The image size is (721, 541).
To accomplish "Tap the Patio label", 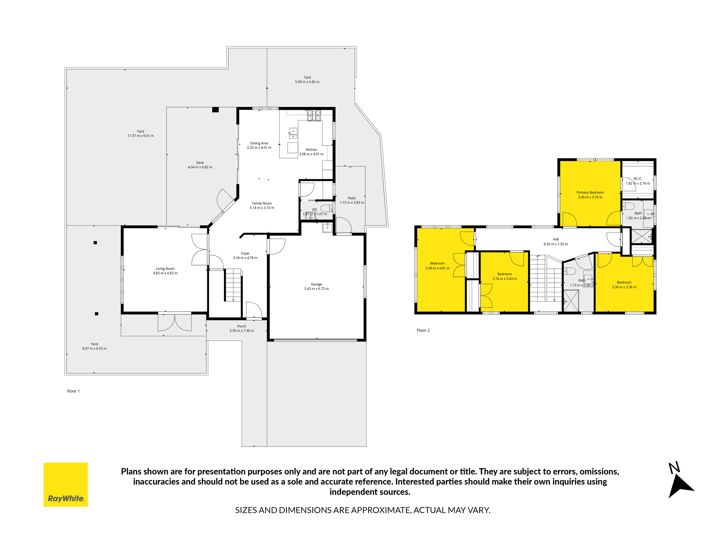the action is [x=352, y=198].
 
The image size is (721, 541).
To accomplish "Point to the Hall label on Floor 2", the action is [x=556, y=239].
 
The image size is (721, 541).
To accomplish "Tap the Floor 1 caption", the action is [x=73, y=391].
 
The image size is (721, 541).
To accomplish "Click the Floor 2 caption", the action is [x=423, y=330].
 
